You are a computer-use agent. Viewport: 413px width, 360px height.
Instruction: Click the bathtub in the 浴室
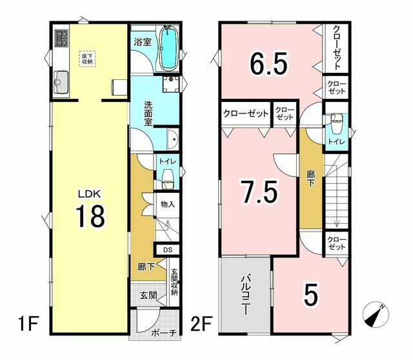tap(168, 48)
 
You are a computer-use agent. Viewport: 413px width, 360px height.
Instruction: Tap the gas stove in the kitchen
tap(61, 39)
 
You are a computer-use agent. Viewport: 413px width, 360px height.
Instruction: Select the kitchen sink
tap(61, 83)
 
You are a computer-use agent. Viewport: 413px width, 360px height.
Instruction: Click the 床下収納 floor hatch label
tap(87, 59)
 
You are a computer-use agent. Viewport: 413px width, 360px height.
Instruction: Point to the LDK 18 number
tap(90, 217)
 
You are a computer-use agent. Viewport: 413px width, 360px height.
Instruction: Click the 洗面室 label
tap(148, 114)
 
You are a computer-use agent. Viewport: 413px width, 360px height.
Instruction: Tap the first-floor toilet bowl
tap(167, 179)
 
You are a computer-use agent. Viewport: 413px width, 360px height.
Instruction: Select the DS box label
tap(168, 250)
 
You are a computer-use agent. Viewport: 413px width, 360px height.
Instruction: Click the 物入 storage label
tap(168, 204)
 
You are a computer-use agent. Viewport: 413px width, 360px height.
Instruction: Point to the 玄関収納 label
tap(174, 282)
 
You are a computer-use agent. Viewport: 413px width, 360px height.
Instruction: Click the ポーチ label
tap(164, 333)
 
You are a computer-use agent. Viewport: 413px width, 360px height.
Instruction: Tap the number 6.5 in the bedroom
tap(268, 63)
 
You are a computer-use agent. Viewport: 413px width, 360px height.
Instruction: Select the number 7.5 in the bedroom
tap(260, 192)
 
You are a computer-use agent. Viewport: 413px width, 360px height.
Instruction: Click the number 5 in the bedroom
tap(311, 294)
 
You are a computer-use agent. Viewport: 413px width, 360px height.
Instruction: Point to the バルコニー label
tap(246, 295)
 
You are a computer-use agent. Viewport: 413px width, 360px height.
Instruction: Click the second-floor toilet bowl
tap(336, 123)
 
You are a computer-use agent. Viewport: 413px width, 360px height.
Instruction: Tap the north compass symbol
tap(376, 314)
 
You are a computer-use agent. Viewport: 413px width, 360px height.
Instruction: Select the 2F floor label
tap(201, 324)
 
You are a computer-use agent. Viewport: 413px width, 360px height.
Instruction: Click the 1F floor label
tap(28, 324)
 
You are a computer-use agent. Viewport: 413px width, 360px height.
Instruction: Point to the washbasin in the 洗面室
tap(173, 139)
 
